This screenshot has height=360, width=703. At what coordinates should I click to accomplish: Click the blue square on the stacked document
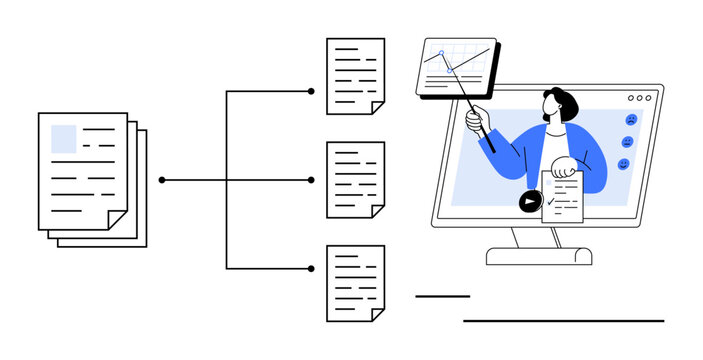pyautogui.click(x=63, y=138)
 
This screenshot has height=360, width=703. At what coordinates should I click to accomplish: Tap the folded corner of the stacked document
pyautogui.click(x=117, y=218)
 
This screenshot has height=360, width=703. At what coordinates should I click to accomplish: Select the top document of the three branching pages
pyautogui.click(x=355, y=76)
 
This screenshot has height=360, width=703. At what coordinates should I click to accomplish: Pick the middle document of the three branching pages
pyautogui.click(x=355, y=179)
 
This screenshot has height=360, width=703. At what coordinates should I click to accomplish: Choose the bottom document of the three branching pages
pyautogui.click(x=355, y=283)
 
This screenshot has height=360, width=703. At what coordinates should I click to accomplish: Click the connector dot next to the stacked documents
pyautogui.click(x=162, y=180)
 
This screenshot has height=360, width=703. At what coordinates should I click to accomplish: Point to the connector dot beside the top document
pyautogui.click(x=311, y=91)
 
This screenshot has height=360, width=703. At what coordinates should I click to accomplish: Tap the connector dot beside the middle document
pyautogui.click(x=311, y=180)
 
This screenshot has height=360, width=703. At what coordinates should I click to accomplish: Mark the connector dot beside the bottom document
pyautogui.click(x=311, y=268)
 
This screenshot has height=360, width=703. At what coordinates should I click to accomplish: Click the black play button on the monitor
pyautogui.click(x=528, y=202)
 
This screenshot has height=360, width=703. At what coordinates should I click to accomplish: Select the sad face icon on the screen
pyautogui.click(x=631, y=120)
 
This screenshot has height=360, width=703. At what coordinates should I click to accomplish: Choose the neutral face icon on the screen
pyautogui.click(x=627, y=142)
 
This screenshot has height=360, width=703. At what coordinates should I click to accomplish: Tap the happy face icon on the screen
pyautogui.click(x=623, y=164)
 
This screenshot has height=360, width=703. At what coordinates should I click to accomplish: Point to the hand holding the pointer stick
pyautogui.click(x=475, y=119)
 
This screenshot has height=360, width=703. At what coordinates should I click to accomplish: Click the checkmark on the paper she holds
pyautogui.click(x=552, y=199)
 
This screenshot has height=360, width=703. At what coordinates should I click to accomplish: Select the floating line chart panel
pyautogui.click(x=455, y=67)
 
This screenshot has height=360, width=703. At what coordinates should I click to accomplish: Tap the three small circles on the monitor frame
pyautogui.click(x=639, y=98)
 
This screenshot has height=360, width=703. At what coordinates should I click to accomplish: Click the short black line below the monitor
pyautogui.click(x=442, y=296)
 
